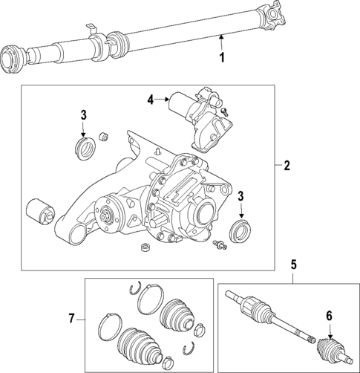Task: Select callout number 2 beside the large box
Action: pos(287,165)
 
